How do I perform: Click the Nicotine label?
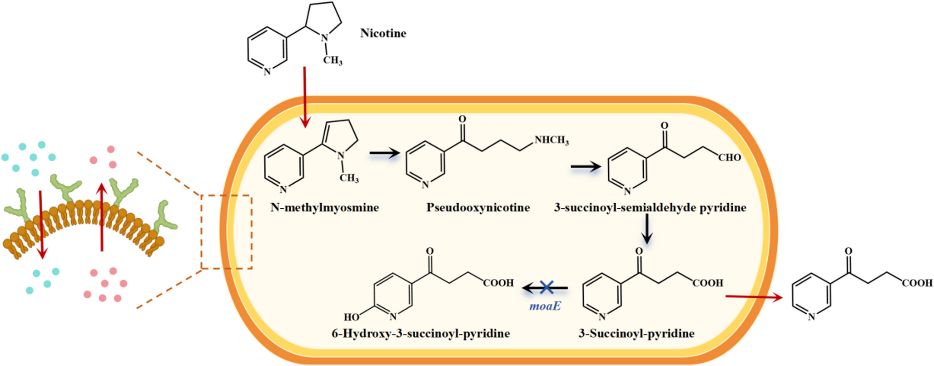click(383, 33)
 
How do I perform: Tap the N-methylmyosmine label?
click(324, 208)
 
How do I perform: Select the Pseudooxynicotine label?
click(478, 208)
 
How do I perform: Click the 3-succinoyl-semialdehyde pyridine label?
click(650, 208)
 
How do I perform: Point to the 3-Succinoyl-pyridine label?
click(636, 334)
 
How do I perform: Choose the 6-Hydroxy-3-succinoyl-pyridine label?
click(421, 334)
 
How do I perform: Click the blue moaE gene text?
click(545, 306)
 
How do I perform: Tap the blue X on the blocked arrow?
click(547, 287)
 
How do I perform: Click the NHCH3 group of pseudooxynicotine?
click(551, 140)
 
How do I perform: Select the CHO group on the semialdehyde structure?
click(729, 158)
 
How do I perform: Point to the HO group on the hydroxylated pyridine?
click(352, 317)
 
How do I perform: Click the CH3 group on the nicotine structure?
click(333, 60)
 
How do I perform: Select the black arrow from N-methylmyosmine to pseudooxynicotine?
click(384, 154)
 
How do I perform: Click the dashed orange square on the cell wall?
click(226, 232)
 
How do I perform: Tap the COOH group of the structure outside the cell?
click(917, 283)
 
